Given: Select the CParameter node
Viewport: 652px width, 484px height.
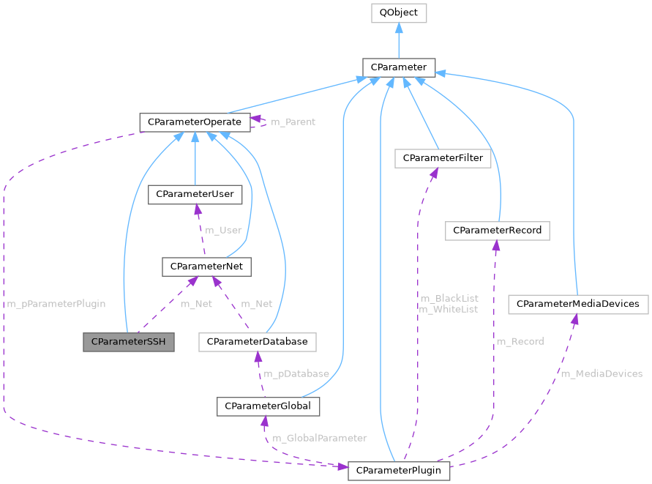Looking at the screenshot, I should point(399,67).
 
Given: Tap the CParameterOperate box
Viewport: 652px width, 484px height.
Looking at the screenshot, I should point(195,122).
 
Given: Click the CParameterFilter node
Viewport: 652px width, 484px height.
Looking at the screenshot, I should point(442,157).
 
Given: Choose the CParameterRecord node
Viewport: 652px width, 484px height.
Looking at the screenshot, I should point(497,230).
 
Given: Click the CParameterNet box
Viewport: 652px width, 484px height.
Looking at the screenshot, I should point(206,267).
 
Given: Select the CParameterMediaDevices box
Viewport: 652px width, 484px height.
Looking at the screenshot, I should point(578,303).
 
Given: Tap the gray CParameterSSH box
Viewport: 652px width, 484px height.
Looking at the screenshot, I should point(129,342).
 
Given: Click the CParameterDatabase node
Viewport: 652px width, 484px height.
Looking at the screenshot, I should point(257,342).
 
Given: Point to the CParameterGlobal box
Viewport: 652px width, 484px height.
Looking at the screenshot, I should point(268,406).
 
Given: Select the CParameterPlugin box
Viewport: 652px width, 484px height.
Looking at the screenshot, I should point(399,470).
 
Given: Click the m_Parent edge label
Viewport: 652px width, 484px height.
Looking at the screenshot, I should point(293,122).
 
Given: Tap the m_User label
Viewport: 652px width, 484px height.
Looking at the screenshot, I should point(223,230).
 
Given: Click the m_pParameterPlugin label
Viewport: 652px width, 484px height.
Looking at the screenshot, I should point(56,303).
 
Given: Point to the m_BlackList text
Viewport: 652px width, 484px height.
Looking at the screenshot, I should point(449,298).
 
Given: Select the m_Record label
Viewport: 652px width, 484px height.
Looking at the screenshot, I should point(520,341).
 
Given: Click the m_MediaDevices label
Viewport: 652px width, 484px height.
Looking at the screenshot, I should point(602,373).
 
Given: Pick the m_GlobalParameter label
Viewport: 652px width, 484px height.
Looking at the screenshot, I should point(319,438).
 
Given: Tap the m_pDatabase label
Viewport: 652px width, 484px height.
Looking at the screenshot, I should point(296,373).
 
